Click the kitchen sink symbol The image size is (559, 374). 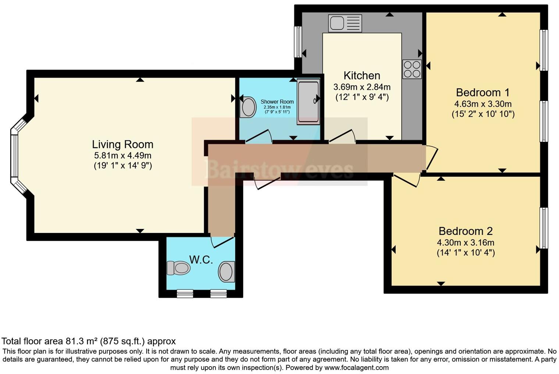(345, 24)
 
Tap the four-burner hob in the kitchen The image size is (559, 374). (412, 69)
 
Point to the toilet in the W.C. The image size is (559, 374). (178, 268)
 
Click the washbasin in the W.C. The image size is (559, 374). (227, 272)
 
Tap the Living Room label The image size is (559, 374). (122, 144)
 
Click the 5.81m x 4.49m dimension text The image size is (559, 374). (122, 155)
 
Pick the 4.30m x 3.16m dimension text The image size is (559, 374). (465, 243)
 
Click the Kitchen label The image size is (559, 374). (362, 75)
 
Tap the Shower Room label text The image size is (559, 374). (277, 102)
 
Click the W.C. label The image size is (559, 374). (201, 260)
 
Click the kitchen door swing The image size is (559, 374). (342, 136)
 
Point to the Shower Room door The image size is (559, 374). (258, 136)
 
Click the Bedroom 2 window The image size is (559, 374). (544, 228)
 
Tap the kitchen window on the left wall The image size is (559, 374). (298, 42)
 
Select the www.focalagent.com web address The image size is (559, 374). (356, 367)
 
